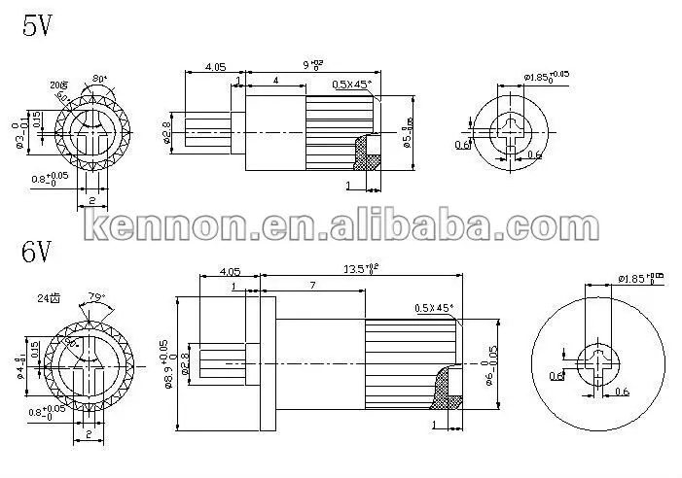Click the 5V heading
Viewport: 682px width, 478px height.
(x=38, y=26)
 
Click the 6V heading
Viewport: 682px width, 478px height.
(x=38, y=254)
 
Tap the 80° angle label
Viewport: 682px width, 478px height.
(x=99, y=79)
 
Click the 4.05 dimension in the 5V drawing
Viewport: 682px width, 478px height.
(x=215, y=67)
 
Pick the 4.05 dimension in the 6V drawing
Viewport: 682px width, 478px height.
(x=231, y=272)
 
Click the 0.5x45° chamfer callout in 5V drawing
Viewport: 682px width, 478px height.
(x=352, y=85)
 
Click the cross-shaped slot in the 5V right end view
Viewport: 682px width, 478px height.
(x=508, y=129)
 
